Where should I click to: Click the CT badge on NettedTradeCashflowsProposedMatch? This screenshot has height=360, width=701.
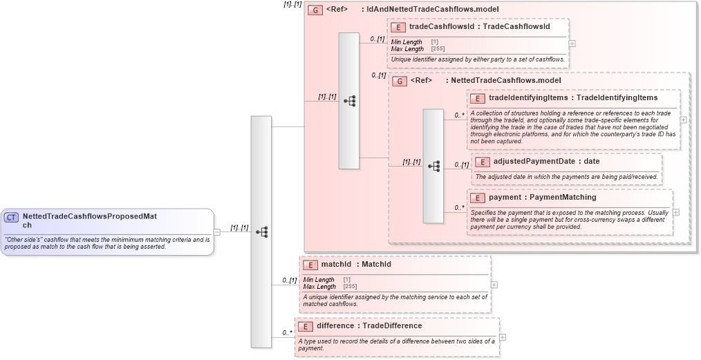(x=12, y=217)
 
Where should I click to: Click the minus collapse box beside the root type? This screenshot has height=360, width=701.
(x=217, y=231)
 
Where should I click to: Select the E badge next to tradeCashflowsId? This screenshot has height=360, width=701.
(x=398, y=27)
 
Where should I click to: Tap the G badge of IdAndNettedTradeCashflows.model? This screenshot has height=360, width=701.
(x=315, y=10)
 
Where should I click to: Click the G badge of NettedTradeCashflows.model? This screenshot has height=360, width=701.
(x=400, y=81)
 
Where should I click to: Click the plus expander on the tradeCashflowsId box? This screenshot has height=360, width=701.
(x=572, y=43)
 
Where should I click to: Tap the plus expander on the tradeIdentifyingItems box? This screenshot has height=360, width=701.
(x=683, y=120)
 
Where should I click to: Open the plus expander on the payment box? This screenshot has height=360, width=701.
(x=675, y=213)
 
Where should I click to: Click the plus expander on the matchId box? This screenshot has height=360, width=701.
(x=494, y=284)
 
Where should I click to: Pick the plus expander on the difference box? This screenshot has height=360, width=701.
(x=502, y=337)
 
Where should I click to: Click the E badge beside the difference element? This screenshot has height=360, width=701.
(x=305, y=326)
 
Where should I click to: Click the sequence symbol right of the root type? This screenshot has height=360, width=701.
(x=261, y=231)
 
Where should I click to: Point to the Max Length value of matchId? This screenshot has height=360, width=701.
(x=349, y=287)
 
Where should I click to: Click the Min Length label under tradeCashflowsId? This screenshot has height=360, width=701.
(x=406, y=42)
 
